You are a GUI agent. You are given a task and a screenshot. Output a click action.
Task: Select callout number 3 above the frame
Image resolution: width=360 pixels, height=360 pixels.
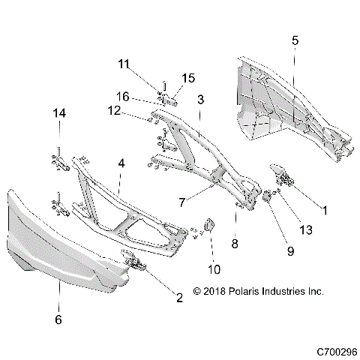201,99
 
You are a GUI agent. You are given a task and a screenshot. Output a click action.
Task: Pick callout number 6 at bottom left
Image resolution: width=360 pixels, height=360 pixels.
59,319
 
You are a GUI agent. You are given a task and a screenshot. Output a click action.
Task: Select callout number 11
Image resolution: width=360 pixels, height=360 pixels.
124,64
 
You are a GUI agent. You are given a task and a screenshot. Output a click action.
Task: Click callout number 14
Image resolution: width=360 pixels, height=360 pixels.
58,113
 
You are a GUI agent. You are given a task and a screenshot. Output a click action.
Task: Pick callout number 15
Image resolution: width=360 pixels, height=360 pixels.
188,78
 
